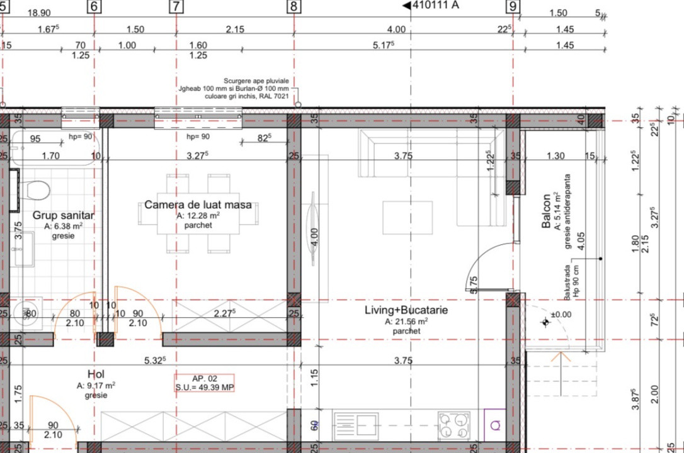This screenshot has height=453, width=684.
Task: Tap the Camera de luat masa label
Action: (x=198, y=205)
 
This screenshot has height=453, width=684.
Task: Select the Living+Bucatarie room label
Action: (x=406, y=310)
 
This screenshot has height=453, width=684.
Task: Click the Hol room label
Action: (x=96, y=374)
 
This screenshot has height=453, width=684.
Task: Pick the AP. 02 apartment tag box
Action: (x=205, y=383)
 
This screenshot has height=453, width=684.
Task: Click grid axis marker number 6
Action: (x=94, y=7)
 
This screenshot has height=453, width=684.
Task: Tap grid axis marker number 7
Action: (x=176, y=7)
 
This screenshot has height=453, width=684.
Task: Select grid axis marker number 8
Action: (x=294, y=7)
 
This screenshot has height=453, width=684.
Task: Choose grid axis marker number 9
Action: (x=513, y=7)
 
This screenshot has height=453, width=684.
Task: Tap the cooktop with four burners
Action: (x=453, y=425)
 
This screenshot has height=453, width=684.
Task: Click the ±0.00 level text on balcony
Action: (x=561, y=315)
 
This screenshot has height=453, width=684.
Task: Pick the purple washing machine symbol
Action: (x=494, y=425)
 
